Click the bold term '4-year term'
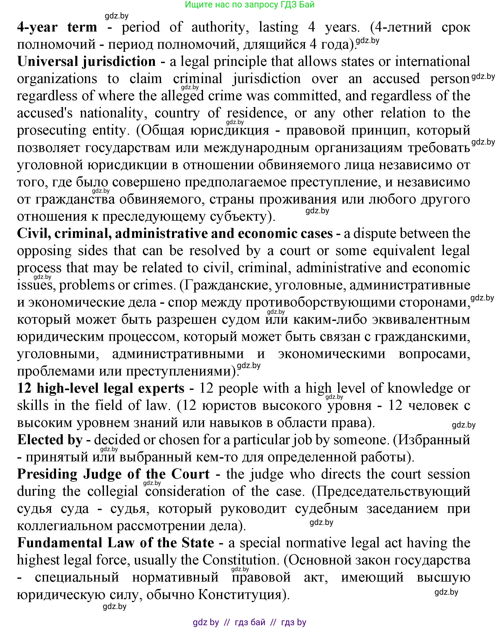(x=57, y=27)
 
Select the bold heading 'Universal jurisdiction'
(x=86, y=62)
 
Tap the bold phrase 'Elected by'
(x=50, y=440)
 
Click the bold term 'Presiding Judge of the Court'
(x=113, y=474)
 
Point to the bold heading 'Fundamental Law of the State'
(x=115, y=543)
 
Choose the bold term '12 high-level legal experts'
(x=101, y=388)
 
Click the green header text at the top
(x=250, y=4)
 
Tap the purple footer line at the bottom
(x=250, y=622)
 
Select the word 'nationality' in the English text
(x=111, y=113)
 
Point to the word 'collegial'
(x=113, y=491)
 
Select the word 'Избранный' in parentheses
(x=433, y=440)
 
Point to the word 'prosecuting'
(x=51, y=130)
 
